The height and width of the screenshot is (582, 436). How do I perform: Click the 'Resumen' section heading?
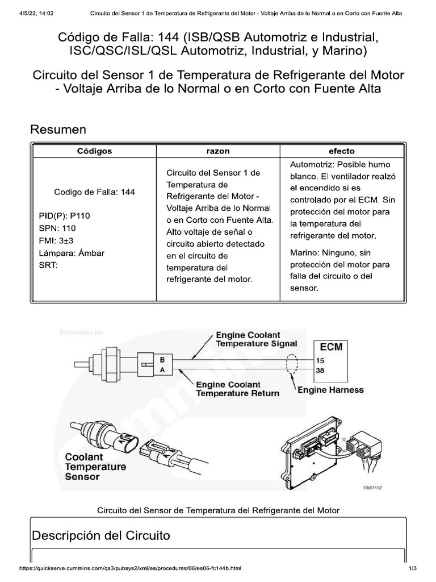pyautogui.click(x=58, y=130)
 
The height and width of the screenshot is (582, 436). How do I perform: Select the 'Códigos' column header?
pyautogui.click(x=94, y=151)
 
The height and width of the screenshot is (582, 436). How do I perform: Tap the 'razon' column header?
pyautogui.click(x=218, y=151)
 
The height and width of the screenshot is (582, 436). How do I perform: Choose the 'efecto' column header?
pyautogui.click(x=342, y=151)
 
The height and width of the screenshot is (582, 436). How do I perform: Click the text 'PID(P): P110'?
pyautogui.click(x=64, y=216)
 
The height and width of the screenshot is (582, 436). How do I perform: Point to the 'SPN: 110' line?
pyautogui.click(x=57, y=228)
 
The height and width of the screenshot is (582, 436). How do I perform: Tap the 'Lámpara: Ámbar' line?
pyautogui.click(x=71, y=253)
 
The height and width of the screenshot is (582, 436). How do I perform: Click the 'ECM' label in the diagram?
pyautogui.click(x=331, y=347)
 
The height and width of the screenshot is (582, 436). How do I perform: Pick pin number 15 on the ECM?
pyautogui.click(x=320, y=360)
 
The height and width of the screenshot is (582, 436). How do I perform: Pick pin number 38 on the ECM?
pyautogui.click(x=320, y=370)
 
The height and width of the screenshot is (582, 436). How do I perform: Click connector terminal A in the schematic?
pyautogui.click(x=162, y=370)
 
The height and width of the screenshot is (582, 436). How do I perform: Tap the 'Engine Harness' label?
pyautogui.click(x=330, y=390)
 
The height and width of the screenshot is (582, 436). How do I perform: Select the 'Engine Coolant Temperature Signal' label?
pyautogui.click(x=256, y=340)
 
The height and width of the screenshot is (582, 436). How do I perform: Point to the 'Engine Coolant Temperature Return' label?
pyautogui.click(x=237, y=389)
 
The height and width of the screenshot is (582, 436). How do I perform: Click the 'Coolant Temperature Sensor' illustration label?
pyautogui.click(x=95, y=466)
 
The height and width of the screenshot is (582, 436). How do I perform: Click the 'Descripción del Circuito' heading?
pyautogui.click(x=100, y=535)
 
